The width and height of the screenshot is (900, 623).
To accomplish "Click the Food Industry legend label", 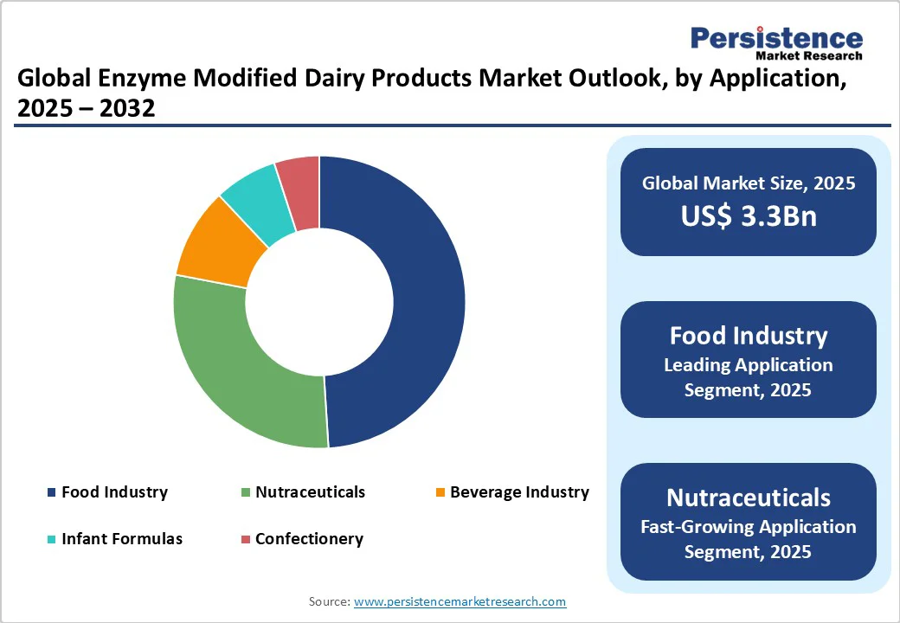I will (x=114, y=492).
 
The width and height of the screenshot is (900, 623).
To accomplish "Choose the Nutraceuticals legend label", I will (x=310, y=492).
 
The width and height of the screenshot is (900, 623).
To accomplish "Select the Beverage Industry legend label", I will (x=519, y=492).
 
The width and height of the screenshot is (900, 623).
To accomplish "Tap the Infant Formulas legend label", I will (x=122, y=538).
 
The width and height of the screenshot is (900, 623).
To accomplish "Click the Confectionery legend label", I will (x=309, y=538).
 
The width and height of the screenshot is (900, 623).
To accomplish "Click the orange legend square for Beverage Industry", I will (x=440, y=493).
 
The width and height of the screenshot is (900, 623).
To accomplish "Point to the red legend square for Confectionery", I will (x=246, y=539).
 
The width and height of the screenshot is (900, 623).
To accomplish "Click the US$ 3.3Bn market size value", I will (x=748, y=216).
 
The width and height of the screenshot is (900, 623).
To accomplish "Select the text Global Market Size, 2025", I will (x=748, y=183).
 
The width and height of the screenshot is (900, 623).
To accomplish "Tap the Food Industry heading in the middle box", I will (x=748, y=336).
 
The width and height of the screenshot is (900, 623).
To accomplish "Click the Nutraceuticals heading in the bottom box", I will (x=748, y=498).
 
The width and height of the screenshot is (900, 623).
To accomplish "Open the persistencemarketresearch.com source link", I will (x=460, y=601).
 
